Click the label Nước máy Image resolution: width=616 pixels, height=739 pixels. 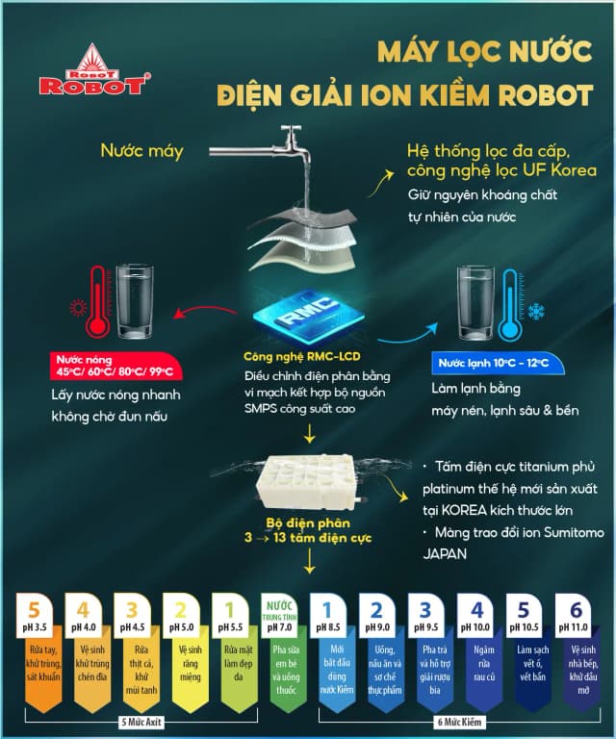(141, 150)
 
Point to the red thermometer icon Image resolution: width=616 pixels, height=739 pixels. (96, 298)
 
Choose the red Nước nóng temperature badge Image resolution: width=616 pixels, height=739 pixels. (115, 366)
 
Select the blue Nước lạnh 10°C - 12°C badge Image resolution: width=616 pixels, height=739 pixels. (494, 363)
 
